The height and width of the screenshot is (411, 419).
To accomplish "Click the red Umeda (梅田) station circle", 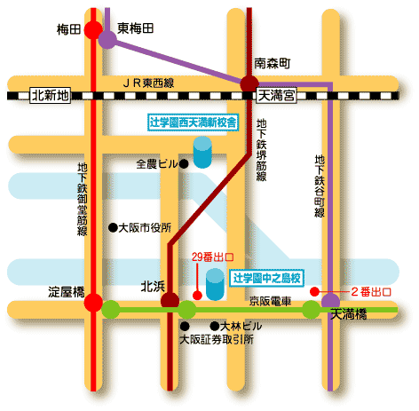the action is tap(93, 29).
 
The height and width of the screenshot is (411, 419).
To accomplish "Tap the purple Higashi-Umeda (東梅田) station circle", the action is tap(107, 40).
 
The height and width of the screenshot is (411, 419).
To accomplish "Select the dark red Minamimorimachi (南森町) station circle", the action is tap(249, 83).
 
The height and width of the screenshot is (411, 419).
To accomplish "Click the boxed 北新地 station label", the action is tap(50, 95).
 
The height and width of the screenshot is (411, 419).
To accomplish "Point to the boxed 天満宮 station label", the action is tap(276, 95).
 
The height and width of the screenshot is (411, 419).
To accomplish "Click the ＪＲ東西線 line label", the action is tap(148, 83).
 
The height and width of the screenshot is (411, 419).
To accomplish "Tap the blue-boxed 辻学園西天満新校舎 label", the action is tap(193, 123).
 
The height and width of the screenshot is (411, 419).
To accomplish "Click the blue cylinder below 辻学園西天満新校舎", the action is tap(202, 152).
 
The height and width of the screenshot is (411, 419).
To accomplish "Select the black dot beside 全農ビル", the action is tap(184, 163).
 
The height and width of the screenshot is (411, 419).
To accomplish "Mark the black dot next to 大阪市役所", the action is tap(113, 227).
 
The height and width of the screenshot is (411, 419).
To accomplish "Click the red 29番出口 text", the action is tap(212, 257).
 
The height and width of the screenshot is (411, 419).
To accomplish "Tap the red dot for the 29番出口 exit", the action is tap(197, 295).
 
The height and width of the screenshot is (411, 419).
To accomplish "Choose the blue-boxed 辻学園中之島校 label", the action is tap(266, 278).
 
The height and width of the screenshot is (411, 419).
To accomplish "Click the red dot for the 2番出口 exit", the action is tap(314, 292).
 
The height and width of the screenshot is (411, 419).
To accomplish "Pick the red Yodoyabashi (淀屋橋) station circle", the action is tap(93, 303).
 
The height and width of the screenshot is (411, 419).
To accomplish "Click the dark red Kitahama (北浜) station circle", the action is tap(170, 301).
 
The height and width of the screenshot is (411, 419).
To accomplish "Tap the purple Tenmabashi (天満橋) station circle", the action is tap(330, 301).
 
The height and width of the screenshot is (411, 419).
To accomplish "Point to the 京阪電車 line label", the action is tap(270, 301).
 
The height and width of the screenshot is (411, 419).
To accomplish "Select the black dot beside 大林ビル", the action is tap(215, 326).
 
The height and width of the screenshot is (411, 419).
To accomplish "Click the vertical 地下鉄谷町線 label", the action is tap(320, 186).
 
